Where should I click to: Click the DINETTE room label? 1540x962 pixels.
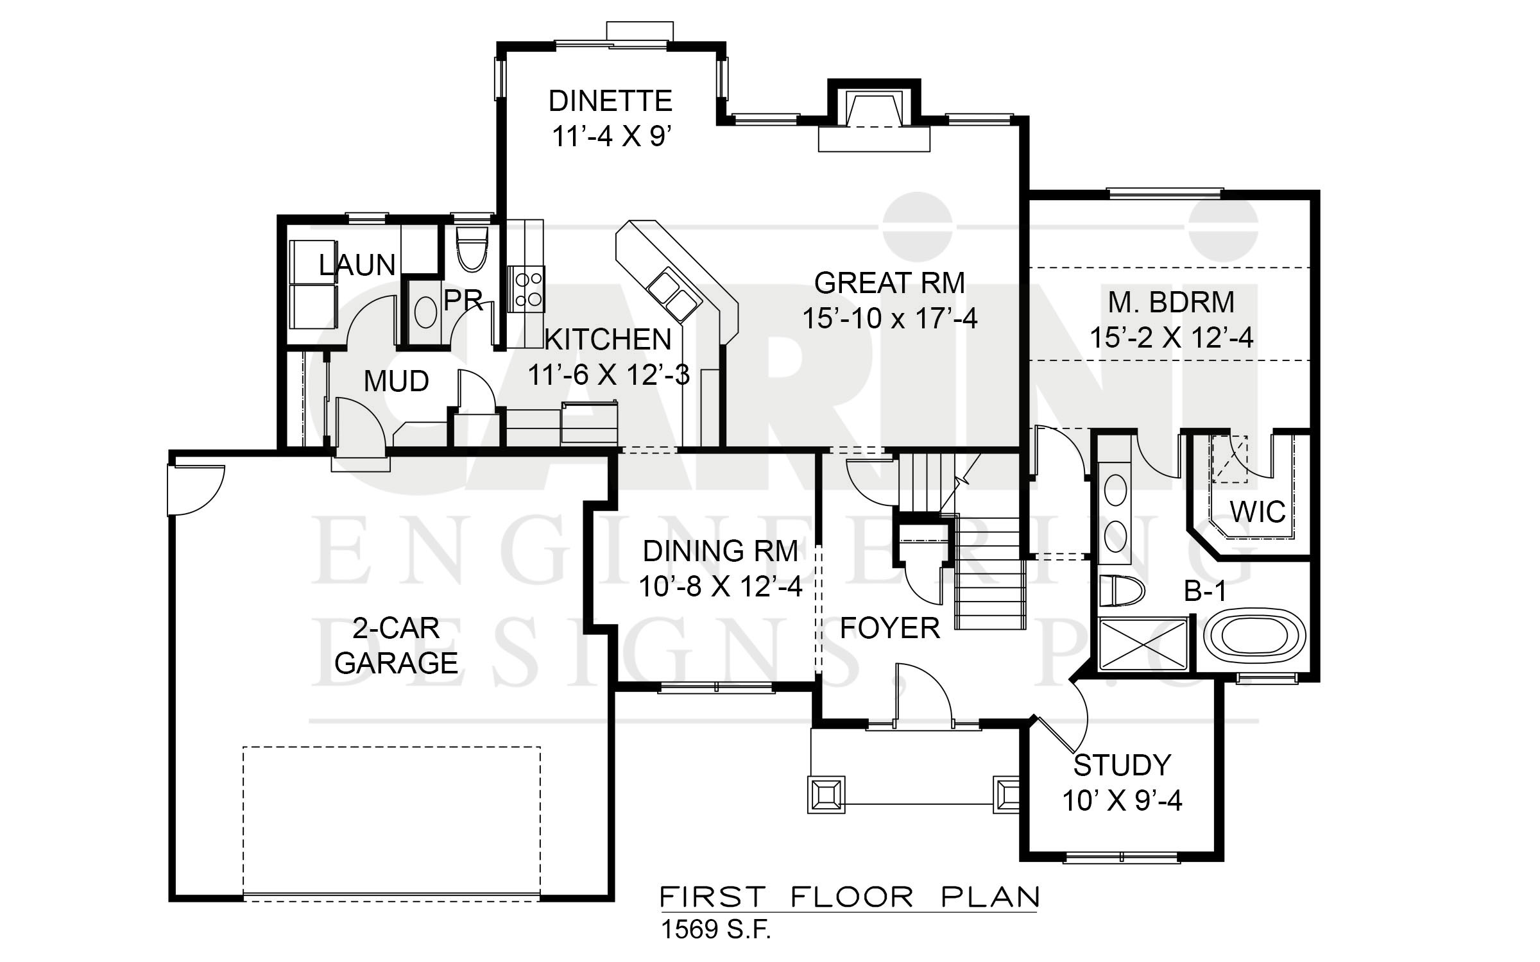pyautogui.click(x=610, y=101)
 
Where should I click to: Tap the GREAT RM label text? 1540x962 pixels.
pyautogui.click(x=889, y=283)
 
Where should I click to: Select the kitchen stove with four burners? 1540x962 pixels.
pyautogui.click(x=526, y=289)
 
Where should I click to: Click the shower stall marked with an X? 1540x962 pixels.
pyautogui.click(x=1143, y=643)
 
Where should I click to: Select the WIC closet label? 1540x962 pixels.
pyautogui.click(x=1257, y=512)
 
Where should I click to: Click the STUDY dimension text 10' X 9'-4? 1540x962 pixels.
pyautogui.click(x=1122, y=801)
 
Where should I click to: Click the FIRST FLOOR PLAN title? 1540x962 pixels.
pyautogui.click(x=850, y=897)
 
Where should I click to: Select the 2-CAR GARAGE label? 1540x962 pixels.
pyautogui.click(x=396, y=646)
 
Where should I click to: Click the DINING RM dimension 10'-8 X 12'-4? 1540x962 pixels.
pyautogui.click(x=720, y=586)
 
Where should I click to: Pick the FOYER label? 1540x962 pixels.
pyautogui.click(x=890, y=629)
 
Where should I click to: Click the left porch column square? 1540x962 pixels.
pyautogui.click(x=826, y=795)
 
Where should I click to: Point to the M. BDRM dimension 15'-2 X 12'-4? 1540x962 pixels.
pyautogui.click(x=1171, y=337)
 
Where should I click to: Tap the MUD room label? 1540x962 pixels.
pyautogui.click(x=396, y=382)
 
